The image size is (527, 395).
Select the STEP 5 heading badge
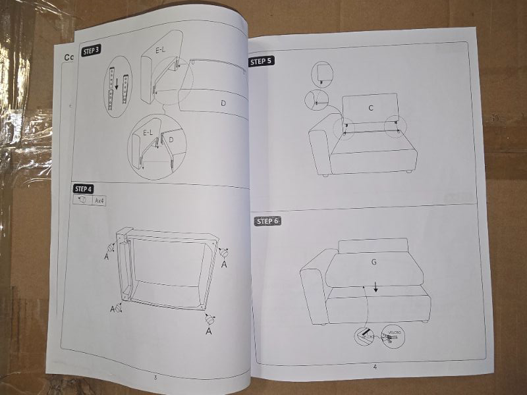click(261, 61)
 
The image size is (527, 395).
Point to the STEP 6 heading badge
click(267, 221)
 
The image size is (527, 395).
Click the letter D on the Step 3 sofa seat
click(223, 103)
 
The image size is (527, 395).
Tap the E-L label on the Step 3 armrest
click(162, 49)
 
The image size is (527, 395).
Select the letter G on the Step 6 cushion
click(374, 261)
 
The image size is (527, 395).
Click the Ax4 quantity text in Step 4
click(100, 199)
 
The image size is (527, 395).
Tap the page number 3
click(155, 377)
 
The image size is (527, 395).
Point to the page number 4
click(375, 367)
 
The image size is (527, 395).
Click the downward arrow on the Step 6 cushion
click(375, 286)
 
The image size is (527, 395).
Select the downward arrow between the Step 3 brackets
click(116, 84)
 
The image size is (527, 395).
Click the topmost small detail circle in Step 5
click(321, 74)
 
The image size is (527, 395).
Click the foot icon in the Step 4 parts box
click(82, 199)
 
